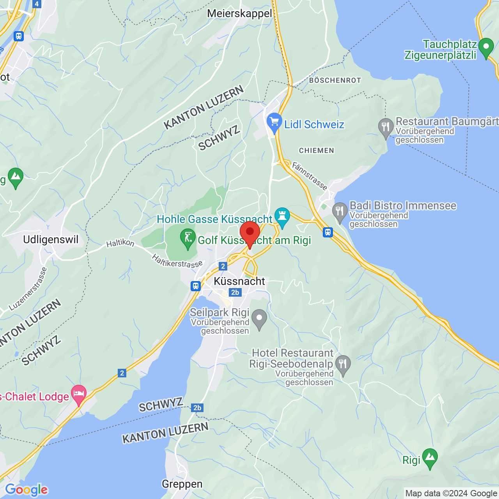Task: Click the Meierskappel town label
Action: (x=239, y=14)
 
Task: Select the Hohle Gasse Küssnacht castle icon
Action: (x=282, y=216)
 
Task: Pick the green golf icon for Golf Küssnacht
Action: (x=188, y=238)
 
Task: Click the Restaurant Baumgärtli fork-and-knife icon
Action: (x=386, y=127)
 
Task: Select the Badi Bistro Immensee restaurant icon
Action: (x=340, y=212)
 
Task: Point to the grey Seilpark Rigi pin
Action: (x=259, y=319)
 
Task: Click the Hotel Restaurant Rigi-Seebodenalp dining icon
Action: (x=343, y=365)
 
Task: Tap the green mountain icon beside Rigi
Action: (x=430, y=458)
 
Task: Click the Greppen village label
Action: (x=182, y=484)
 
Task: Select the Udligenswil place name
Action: (x=51, y=239)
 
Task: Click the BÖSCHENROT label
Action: (x=335, y=80)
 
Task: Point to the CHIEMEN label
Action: (x=317, y=150)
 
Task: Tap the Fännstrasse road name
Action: (x=310, y=176)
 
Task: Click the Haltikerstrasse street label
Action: (x=177, y=262)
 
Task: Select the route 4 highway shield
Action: (x=37, y=4)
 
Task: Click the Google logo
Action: (x=26, y=490)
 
